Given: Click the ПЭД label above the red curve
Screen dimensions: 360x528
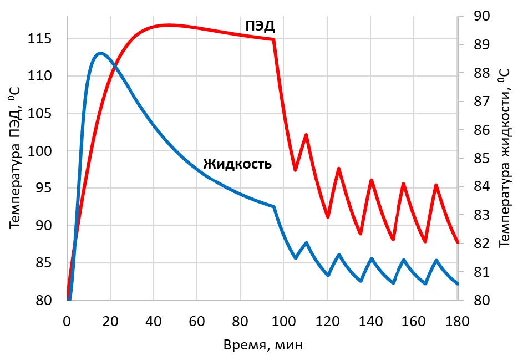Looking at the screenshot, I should coord(260,26).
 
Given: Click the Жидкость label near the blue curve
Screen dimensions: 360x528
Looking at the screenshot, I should coord(237,164).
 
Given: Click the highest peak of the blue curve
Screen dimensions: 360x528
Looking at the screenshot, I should coord(100,53).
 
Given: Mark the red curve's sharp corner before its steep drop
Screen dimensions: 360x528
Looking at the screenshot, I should coord(274,39).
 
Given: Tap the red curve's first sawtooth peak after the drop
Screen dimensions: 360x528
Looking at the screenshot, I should coord(306,135).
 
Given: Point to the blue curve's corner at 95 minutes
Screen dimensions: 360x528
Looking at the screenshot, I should coord(274,206).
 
